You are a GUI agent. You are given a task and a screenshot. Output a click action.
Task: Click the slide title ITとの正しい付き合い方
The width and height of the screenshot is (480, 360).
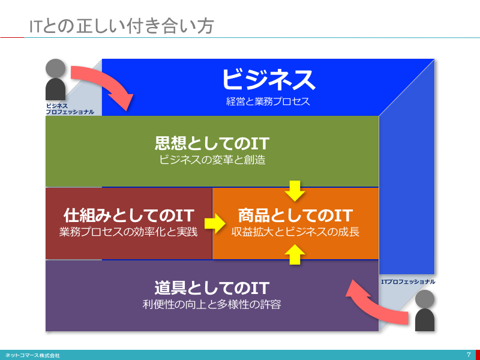click(x=121, y=26)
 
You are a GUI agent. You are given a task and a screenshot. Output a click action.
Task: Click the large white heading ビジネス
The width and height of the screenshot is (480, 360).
click(x=268, y=80)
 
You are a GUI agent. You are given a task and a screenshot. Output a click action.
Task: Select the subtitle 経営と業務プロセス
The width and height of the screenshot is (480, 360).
click(x=268, y=101)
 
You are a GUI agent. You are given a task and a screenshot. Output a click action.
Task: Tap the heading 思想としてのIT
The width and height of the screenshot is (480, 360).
click(x=212, y=143)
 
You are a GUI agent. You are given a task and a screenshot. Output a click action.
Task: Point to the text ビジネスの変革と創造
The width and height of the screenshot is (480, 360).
click(x=212, y=160)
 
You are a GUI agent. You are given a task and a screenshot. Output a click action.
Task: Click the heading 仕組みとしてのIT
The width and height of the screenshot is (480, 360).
click(x=129, y=215)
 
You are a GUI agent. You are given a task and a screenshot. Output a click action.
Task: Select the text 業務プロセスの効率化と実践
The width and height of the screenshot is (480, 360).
click(x=128, y=232)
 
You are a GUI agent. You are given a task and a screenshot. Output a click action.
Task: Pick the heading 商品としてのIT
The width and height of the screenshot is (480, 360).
click(x=295, y=215)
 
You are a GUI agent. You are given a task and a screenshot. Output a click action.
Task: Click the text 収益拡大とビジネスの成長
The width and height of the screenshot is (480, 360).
click(x=295, y=232)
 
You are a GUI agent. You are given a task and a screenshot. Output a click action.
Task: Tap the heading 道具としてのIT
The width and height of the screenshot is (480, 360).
click(x=212, y=288)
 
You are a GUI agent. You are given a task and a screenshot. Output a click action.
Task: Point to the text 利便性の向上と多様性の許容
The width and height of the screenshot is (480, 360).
click(x=212, y=305)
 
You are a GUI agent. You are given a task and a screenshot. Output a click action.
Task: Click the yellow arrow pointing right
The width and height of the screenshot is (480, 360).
click(x=215, y=223)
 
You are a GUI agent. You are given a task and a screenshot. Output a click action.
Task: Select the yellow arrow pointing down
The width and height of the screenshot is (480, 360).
click(x=295, y=191)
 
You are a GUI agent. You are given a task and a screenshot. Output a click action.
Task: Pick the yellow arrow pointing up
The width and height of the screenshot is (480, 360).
click(x=295, y=254)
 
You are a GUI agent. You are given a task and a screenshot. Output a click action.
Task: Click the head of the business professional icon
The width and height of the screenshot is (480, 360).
click(x=55, y=68)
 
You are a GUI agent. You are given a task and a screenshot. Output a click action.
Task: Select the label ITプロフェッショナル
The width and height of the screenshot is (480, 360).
click(x=408, y=281)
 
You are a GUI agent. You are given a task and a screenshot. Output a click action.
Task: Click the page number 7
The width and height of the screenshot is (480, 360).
click(x=469, y=355)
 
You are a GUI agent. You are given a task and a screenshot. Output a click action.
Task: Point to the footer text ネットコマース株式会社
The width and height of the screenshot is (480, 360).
click(x=32, y=355)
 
